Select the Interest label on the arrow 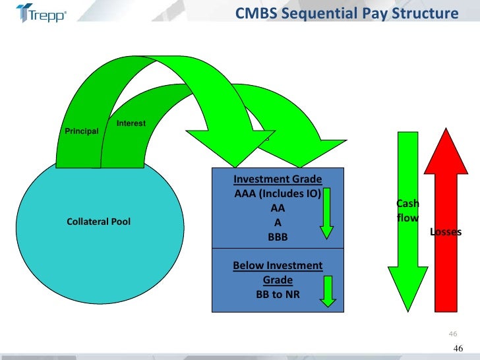[131, 124]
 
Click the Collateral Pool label [99, 222]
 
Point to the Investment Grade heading [278, 179]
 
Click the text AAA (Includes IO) [278, 194]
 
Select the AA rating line [278, 208]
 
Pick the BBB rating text [278, 237]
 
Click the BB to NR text [278, 294]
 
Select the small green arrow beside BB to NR [326, 291]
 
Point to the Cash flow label [407, 210]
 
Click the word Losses [446, 232]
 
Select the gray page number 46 [452, 332]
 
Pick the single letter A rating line [278, 222]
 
